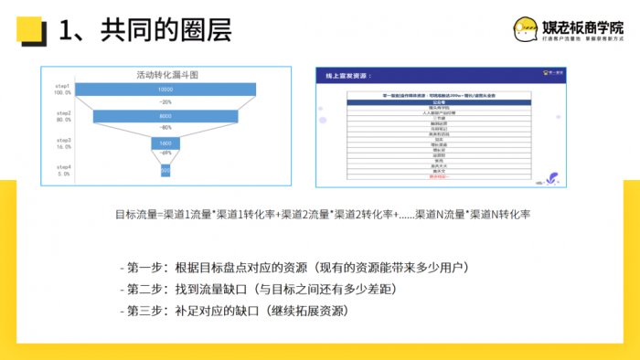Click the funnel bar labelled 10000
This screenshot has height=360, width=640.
point(165,90)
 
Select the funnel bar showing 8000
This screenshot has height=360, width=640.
point(165,117)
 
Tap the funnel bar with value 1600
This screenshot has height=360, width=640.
point(165,143)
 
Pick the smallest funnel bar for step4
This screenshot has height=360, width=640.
point(165,170)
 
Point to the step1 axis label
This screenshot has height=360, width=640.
point(63,86)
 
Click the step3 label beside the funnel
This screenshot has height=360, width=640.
point(63,140)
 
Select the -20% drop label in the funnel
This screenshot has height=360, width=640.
point(165,102)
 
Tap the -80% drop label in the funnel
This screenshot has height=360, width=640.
point(165,129)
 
